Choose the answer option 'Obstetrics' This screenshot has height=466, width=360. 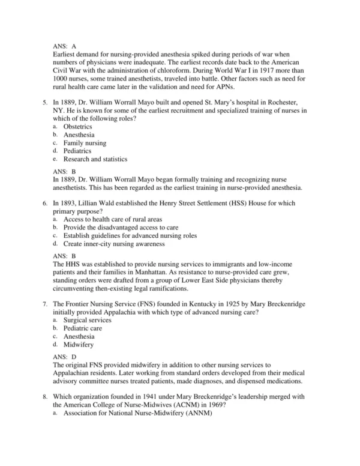tap(78, 127)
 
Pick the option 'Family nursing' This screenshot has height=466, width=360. tap(85, 143)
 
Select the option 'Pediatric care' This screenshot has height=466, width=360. tap(83, 328)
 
